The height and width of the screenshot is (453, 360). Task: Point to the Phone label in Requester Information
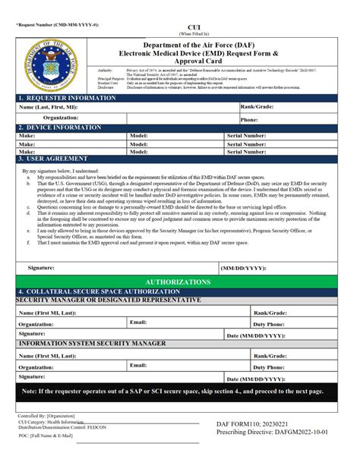point(249,119)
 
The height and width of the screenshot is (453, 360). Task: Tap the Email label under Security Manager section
point(138,322)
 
